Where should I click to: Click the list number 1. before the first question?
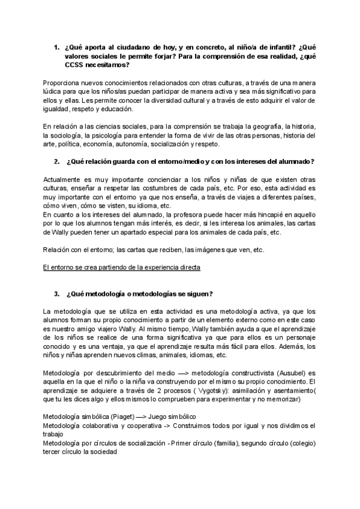click(x=56, y=47)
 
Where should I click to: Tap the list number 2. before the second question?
click(x=56, y=161)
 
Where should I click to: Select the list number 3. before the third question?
click(x=56, y=294)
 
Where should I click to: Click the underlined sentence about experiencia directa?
click(x=122, y=267)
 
